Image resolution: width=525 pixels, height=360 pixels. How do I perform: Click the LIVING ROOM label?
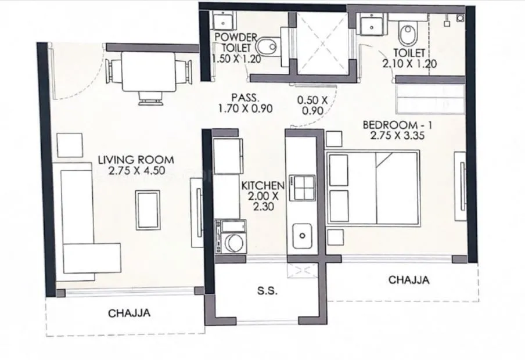(136, 159)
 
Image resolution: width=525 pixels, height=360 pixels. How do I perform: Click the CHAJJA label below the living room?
(129, 313)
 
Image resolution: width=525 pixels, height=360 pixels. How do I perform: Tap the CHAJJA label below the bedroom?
(409, 280)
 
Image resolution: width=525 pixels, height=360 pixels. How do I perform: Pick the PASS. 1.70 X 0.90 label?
(244, 103)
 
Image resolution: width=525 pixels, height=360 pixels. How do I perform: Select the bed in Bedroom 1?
(373, 188)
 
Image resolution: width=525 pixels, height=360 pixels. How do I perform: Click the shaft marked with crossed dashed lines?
(321, 44)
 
